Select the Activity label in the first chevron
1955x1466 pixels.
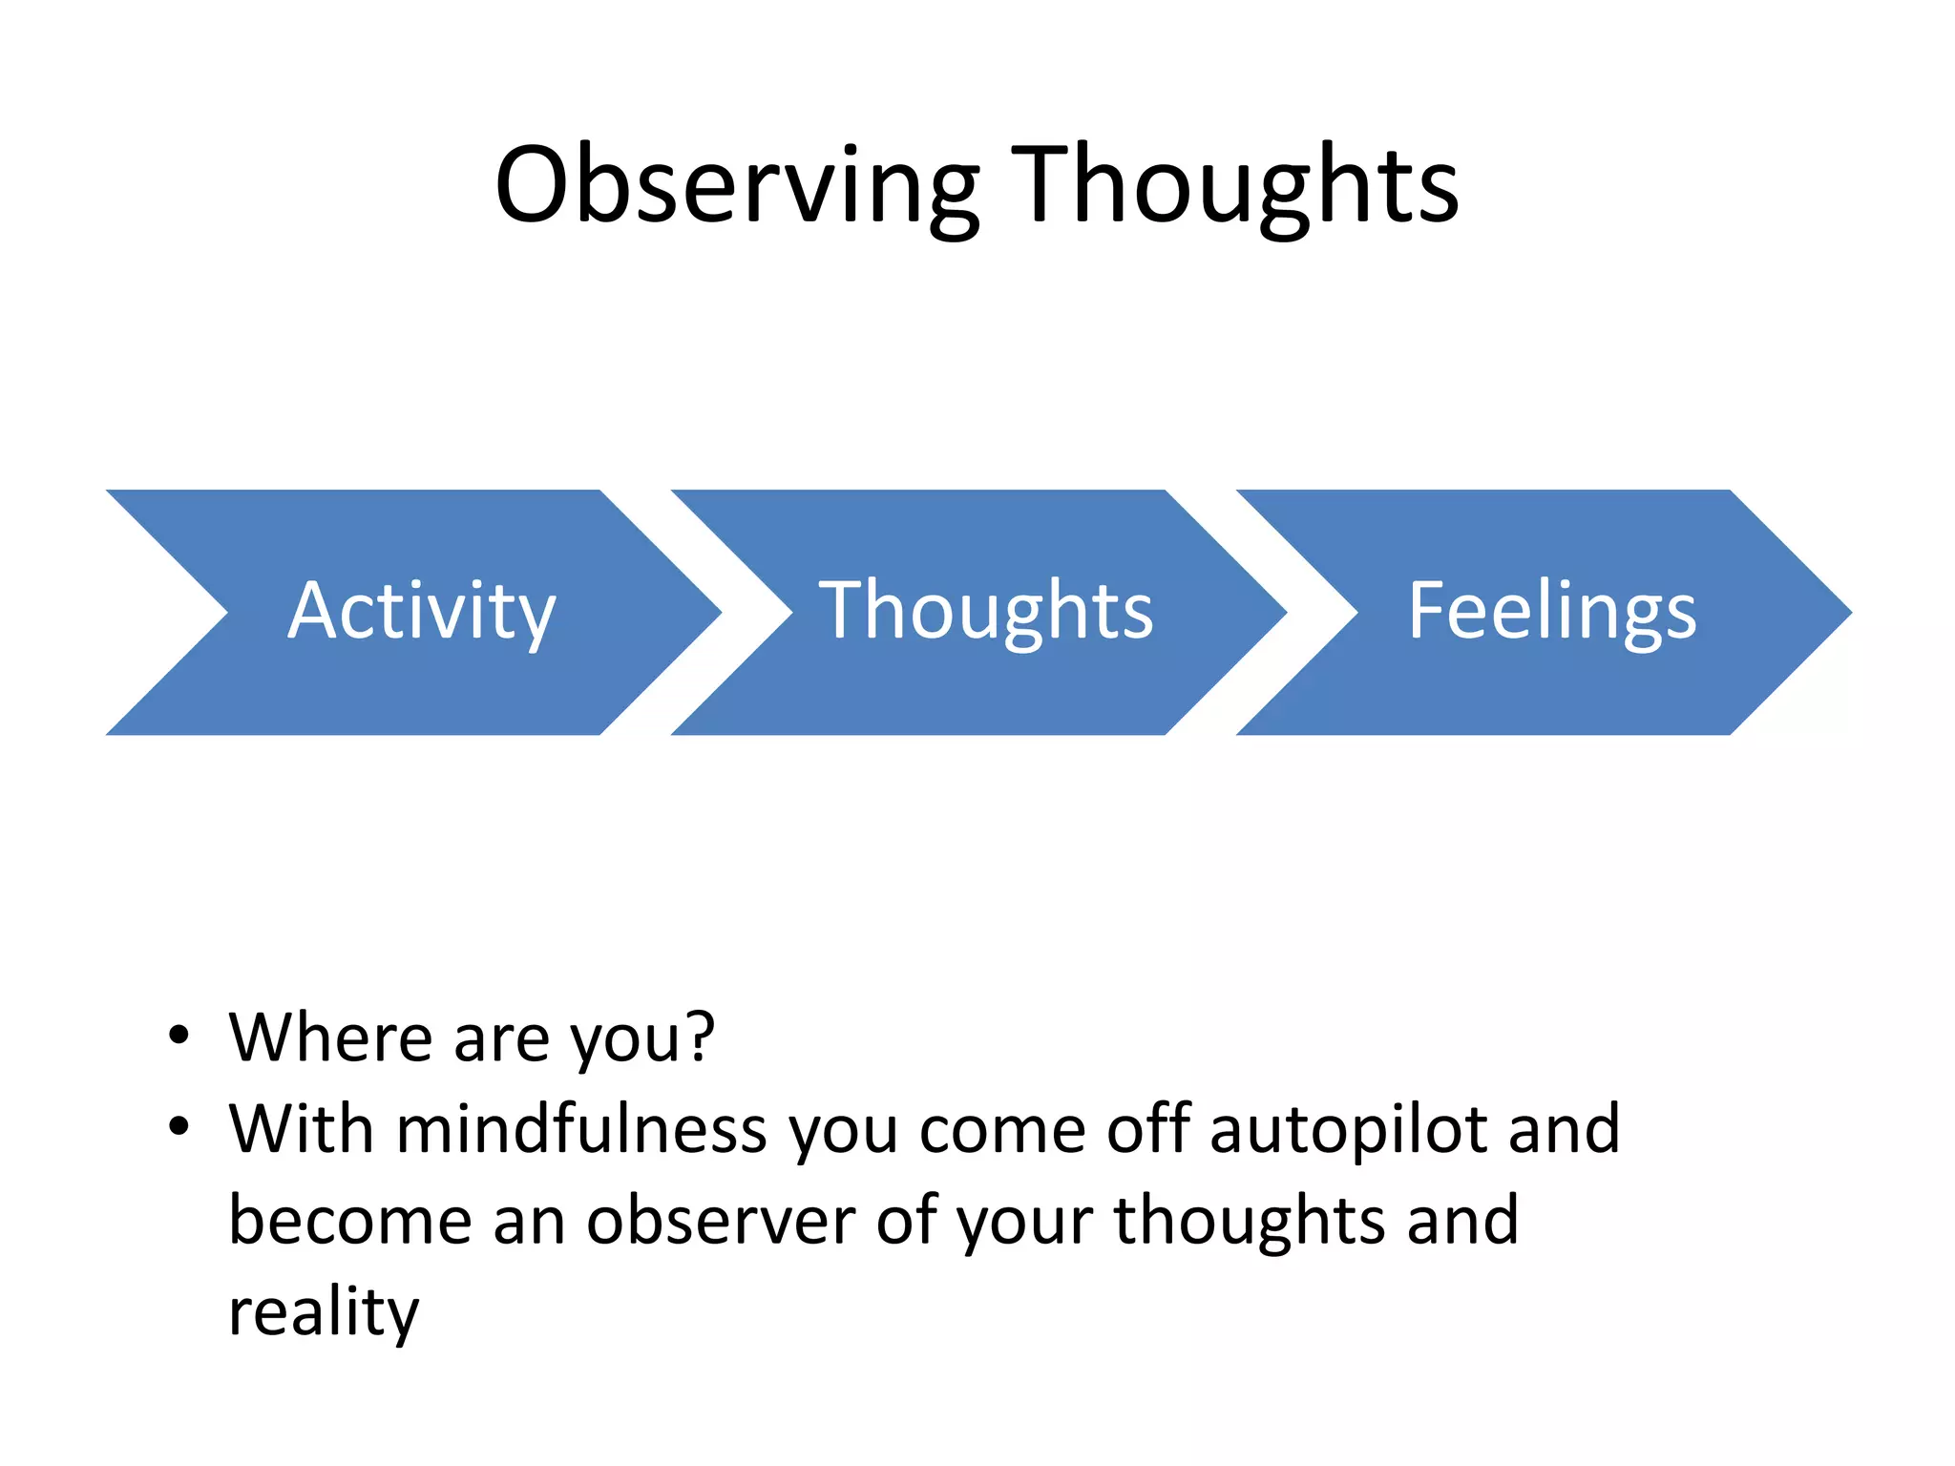(x=421, y=612)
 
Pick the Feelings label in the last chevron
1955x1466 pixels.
(x=1552, y=612)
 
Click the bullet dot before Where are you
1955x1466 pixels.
(x=179, y=1036)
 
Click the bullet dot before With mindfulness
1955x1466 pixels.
(x=179, y=1127)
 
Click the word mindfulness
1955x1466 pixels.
(x=580, y=1129)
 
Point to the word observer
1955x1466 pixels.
(x=721, y=1221)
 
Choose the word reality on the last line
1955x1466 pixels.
(x=324, y=1313)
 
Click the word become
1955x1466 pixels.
(x=350, y=1221)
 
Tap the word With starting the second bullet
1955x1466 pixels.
(x=301, y=1129)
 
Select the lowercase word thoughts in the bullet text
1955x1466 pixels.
(x=1249, y=1221)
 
